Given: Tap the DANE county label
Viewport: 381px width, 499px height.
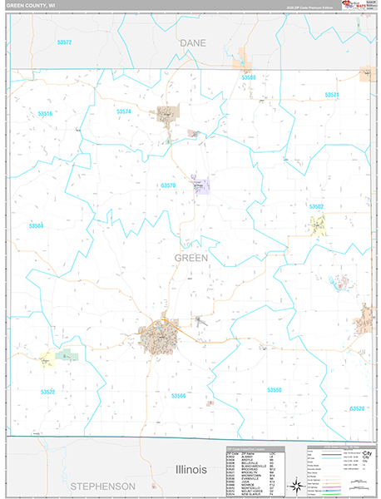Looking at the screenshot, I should tap(193, 41).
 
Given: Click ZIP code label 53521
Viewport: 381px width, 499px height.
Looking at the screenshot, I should tap(331, 95).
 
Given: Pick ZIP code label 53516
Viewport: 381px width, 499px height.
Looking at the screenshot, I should tap(45, 113).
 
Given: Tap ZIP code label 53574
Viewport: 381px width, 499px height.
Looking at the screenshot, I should tap(124, 111).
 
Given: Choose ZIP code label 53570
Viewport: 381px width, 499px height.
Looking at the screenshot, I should tap(168, 185).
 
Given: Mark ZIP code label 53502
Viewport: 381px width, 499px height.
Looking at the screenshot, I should tap(316, 205).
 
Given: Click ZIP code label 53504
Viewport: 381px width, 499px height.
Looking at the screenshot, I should tap(37, 225).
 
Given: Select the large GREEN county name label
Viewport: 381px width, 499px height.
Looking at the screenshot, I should tap(190, 258).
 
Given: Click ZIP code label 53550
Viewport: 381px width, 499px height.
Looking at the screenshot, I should tap(275, 389).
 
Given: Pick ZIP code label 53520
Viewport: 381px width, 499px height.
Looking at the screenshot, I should tap(357, 408).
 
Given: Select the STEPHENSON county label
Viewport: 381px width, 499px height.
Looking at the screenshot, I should tap(102, 485).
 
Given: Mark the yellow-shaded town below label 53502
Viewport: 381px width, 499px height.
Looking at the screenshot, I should tap(317, 224).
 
